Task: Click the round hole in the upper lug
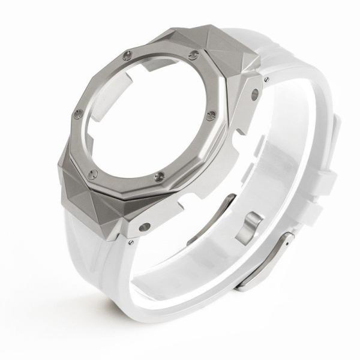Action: click(x=254, y=93)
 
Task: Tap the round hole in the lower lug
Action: click(x=145, y=227)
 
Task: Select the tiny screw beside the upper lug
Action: click(x=266, y=78)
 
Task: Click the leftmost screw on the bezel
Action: click(x=77, y=114)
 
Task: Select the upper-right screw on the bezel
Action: click(x=193, y=55)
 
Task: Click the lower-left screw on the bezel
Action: click(x=92, y=174)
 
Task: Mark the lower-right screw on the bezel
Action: click(x=159, y=176)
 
